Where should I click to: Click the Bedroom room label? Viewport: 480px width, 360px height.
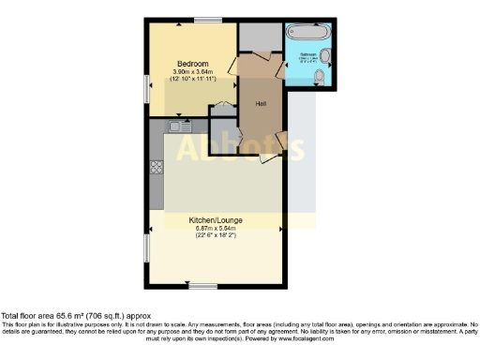[x=191, y=64]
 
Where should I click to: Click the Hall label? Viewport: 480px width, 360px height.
[x=262, y=103]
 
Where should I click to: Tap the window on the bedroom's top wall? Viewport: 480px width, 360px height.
[x=207, y=20]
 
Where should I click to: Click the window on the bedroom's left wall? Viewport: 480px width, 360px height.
[x=147, y=86]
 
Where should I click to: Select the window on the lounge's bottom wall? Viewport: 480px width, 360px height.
[x=202, y=286]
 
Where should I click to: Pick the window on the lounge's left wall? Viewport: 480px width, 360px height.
[x=146, y=248]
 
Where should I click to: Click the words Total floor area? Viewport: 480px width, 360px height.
[x=28, y=316]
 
